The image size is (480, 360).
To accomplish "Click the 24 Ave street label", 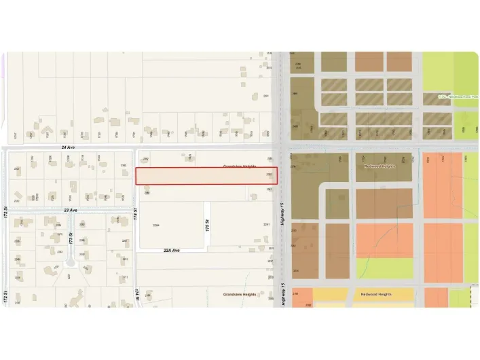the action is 67,147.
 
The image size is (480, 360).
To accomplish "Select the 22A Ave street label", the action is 171,250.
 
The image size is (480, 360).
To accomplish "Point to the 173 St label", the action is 71,238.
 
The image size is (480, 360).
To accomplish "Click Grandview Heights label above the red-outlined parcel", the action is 240,166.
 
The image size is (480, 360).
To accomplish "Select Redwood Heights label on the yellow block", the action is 377,294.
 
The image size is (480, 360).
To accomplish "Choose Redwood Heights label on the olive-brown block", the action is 380,166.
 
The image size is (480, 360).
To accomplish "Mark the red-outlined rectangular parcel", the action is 206,176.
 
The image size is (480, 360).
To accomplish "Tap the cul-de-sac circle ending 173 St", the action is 71,264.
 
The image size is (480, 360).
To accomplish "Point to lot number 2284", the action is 155,225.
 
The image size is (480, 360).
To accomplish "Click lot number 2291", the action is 266,225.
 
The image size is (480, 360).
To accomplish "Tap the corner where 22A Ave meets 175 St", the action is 206,250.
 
